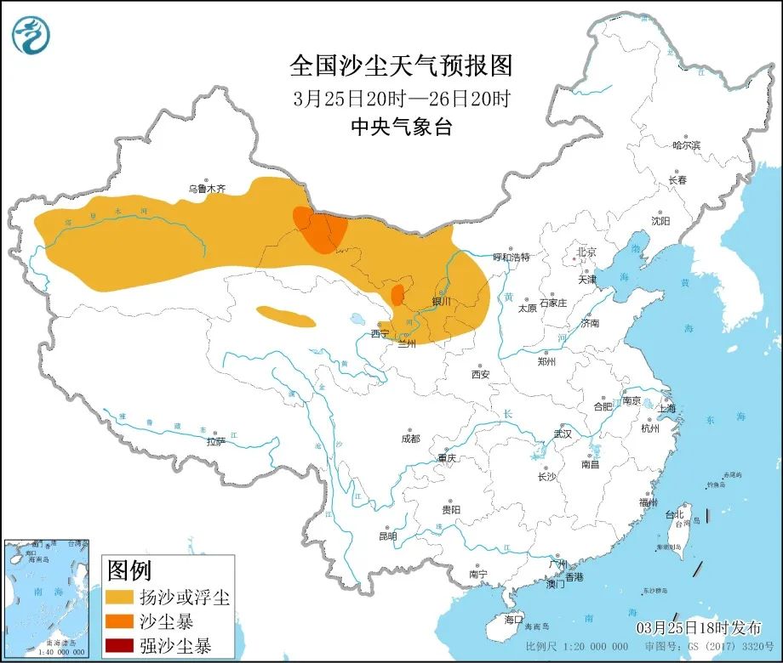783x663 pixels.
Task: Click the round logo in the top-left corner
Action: point(31,35)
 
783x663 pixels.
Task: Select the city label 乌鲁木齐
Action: point(207,189)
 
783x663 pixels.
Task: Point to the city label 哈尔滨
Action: point(685,146)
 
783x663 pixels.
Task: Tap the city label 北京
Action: point(587,252)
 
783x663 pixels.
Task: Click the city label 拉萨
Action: point(215,441)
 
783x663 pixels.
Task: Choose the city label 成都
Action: point(410,439)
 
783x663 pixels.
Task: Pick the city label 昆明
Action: point(387,536)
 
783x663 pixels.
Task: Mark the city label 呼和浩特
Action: point(512,257)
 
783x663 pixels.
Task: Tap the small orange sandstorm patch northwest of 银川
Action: point(397,295)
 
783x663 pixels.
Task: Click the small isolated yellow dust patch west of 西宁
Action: point(286,317)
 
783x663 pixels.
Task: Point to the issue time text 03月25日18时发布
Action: point(699,627)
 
